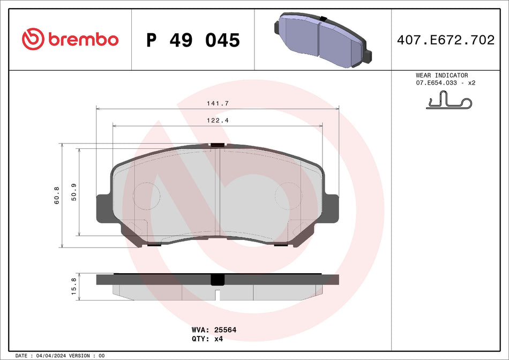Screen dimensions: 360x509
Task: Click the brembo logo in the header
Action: pyautogui.click(x=70, y=39)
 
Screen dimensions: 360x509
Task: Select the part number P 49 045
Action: pyautogui.click(x=193, y=40)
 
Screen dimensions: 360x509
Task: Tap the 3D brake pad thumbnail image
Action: pyautogui.click(x=322, y=39)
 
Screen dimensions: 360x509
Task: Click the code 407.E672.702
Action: pyautogui.click(x=445, y=40)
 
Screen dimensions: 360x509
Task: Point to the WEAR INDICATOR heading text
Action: pyautogui.click(x=441, y=76)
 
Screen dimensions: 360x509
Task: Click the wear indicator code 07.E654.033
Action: pyautogui.click(x=436, y=84)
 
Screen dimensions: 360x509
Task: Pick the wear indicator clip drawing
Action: pyautogui.click(x=448, y=100)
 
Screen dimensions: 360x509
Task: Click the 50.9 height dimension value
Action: pyautogui.click(x=74, y=192)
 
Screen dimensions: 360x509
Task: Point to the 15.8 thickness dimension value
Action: pyautogui.click(x=74, y=284)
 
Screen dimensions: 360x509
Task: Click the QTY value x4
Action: pyautogui.click(x=218, y=339)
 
